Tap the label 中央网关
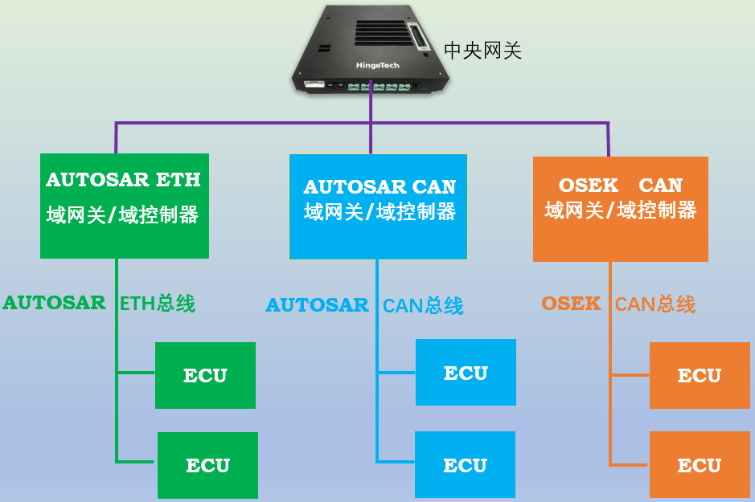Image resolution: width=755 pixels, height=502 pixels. click(482, 51)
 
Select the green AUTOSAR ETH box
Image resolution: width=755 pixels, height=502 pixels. click(125, 206)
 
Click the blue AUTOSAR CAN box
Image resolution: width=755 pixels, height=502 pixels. click(378, 206)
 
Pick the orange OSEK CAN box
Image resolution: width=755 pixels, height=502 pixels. click(620, 209)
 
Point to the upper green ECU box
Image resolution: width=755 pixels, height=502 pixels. click(205, 375)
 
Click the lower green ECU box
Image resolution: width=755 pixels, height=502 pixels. click(207, 465)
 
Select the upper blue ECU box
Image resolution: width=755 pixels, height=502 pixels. click(466, 373)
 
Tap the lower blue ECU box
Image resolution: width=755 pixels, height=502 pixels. click(465, 465)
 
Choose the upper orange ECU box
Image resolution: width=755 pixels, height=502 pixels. click(700, 375)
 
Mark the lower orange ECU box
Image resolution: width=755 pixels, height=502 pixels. click(700, 465)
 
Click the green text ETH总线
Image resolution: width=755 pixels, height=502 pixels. click(158, 304)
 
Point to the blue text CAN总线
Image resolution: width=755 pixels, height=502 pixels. click(423, 306)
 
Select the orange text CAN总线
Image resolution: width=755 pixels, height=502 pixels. click(655, 304)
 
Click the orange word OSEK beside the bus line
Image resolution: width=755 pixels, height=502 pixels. click(571, 304)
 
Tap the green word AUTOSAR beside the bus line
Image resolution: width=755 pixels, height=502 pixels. click(54, 303)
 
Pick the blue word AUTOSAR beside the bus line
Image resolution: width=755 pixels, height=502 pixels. click(317, 305)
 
